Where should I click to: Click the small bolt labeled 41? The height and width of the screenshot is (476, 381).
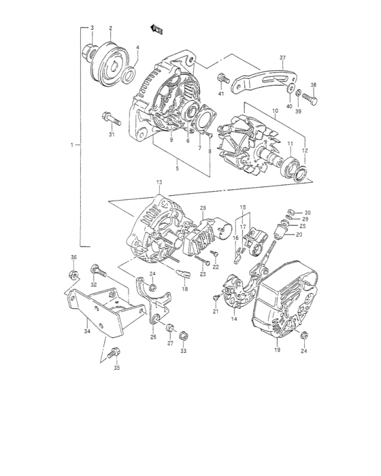point(222,78)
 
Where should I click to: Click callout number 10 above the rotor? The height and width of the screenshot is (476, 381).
point(276,111)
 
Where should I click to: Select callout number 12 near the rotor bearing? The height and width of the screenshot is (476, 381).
point(305,150)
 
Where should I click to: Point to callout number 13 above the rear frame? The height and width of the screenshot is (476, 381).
point(159,184)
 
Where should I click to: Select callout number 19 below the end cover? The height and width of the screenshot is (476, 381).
point(277,350)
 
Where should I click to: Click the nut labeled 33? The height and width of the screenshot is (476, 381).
point(182,335)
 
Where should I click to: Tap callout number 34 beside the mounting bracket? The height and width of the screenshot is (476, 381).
point(86,333)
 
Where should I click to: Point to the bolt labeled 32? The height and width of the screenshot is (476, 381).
point(95,271)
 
